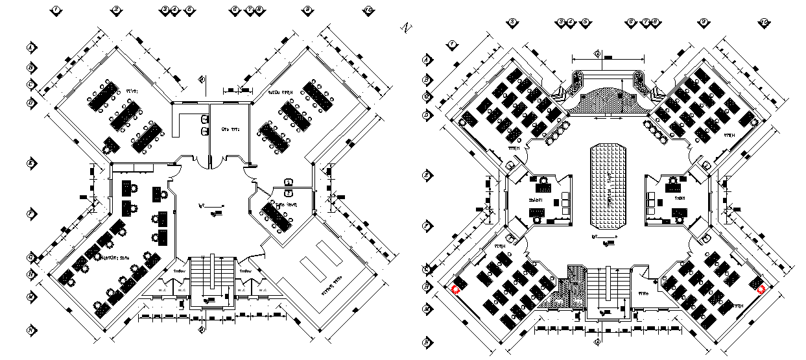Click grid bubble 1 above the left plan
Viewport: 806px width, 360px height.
[56, 10]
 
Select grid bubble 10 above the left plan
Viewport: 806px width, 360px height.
[368, 10]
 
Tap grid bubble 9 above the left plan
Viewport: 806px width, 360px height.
[307, 10]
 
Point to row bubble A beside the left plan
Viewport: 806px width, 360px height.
[30, 47]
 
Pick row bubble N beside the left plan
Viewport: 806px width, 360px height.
[30, 330]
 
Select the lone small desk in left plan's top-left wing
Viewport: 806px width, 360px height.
[112, 144]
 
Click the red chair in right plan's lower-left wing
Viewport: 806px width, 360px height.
[455, 289]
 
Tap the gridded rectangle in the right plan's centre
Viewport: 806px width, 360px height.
[608, 186]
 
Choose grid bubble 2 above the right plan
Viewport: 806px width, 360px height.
[512, 22]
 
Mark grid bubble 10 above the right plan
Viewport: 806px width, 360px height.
[765, 22]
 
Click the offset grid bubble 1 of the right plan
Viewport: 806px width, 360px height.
[453, 43]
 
